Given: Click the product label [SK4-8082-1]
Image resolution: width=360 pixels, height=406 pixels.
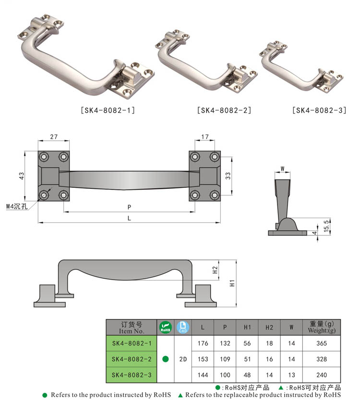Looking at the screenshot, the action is click(108, 111).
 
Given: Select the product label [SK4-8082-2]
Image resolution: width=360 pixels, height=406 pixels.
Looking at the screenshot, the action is click(224, 111).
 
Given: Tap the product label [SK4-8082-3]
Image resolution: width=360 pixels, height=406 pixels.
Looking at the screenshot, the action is click(319, 111).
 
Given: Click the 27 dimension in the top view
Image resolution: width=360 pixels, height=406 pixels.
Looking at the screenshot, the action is click(54, 137).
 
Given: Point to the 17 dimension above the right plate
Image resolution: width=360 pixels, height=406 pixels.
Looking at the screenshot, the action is click(205, 137).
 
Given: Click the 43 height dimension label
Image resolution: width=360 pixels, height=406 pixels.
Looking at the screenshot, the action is click(22, 176).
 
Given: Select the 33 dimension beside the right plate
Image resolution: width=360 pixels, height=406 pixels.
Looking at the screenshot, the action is click(228, 176).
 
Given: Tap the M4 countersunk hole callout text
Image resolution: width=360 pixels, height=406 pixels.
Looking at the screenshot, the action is click(17, 207).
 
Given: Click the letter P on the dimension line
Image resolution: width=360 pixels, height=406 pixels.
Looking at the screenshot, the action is click(129, 207).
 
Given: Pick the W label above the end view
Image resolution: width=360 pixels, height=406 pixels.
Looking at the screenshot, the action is click(282, 169).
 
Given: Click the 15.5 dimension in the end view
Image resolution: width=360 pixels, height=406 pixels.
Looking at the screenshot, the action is click(326, 226).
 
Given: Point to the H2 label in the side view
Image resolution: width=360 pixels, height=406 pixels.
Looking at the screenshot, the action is click(215, 270).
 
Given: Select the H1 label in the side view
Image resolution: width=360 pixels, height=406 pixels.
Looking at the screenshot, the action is click(232, 283).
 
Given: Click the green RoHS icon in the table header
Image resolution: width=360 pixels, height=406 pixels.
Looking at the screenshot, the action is click(166, 327).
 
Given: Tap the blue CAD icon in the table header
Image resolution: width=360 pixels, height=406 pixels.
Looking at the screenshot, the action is click(183, 327).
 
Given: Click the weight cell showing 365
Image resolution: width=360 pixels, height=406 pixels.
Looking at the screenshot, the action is click(322, 344).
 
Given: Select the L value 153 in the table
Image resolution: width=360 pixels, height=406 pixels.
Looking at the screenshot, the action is click(203, 359).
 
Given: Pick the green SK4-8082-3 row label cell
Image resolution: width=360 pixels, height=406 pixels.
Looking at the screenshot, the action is click(132, 375).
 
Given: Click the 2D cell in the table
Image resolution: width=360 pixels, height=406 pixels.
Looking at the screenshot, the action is click(183, 359).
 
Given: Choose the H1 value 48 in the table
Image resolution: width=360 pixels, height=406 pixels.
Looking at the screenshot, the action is click(247, 375).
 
